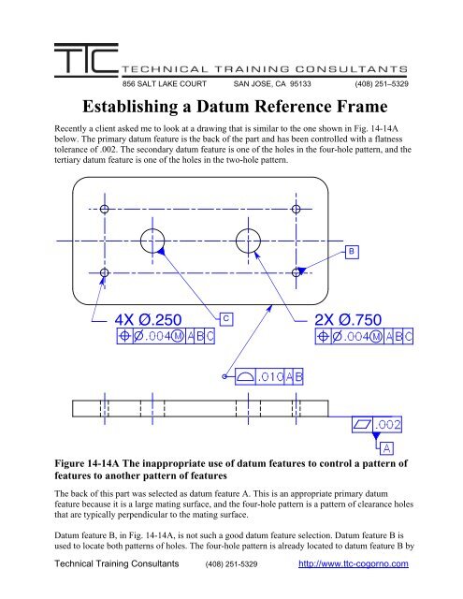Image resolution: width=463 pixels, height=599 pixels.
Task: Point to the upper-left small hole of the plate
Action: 105,208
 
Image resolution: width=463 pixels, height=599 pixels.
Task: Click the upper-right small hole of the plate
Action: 298,208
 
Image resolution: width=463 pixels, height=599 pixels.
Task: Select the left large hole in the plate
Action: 153,240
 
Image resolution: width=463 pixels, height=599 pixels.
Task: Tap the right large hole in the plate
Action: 250,240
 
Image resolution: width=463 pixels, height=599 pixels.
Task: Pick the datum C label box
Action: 227,318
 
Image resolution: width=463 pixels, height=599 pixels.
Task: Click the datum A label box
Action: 386,446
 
